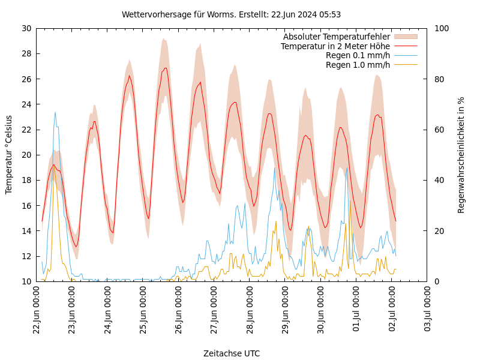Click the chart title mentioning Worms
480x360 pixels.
[231, 14]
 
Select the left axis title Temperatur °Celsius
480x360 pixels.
[9, 154]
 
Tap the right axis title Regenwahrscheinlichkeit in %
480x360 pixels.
[461, 155]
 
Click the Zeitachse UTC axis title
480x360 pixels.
[232, 353]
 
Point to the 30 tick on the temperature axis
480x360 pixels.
[26, 28]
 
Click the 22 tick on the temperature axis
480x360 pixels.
[26, 130]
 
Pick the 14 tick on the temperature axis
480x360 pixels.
[26, 231]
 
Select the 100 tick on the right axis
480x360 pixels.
[441, 28]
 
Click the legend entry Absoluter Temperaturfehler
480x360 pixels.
[336, 37]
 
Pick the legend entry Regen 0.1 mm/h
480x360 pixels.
[358, 55]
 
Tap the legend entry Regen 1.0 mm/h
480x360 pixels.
[358, 65]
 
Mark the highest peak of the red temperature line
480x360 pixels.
[166, 68]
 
